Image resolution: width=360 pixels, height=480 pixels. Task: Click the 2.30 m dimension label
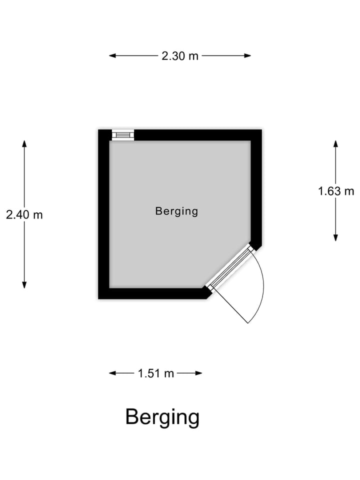click(180, 56)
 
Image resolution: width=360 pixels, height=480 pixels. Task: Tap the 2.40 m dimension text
click(24, 214)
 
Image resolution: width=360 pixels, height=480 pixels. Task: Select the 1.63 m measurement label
click(336, 190)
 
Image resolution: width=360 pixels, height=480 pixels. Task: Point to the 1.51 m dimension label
click(156, 373)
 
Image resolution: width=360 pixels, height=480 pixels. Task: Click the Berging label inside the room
click(176, 211)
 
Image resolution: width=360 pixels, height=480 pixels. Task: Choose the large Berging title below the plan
click(162, 416)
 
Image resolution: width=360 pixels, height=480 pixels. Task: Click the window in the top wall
click(123, 135)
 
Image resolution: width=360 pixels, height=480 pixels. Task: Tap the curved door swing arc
click(261, 290)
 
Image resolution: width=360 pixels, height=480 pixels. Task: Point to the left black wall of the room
click(104, 215)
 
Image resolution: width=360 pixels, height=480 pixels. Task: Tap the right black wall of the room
click(256, 190)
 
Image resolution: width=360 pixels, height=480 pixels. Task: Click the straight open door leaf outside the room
click(229, 305)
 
